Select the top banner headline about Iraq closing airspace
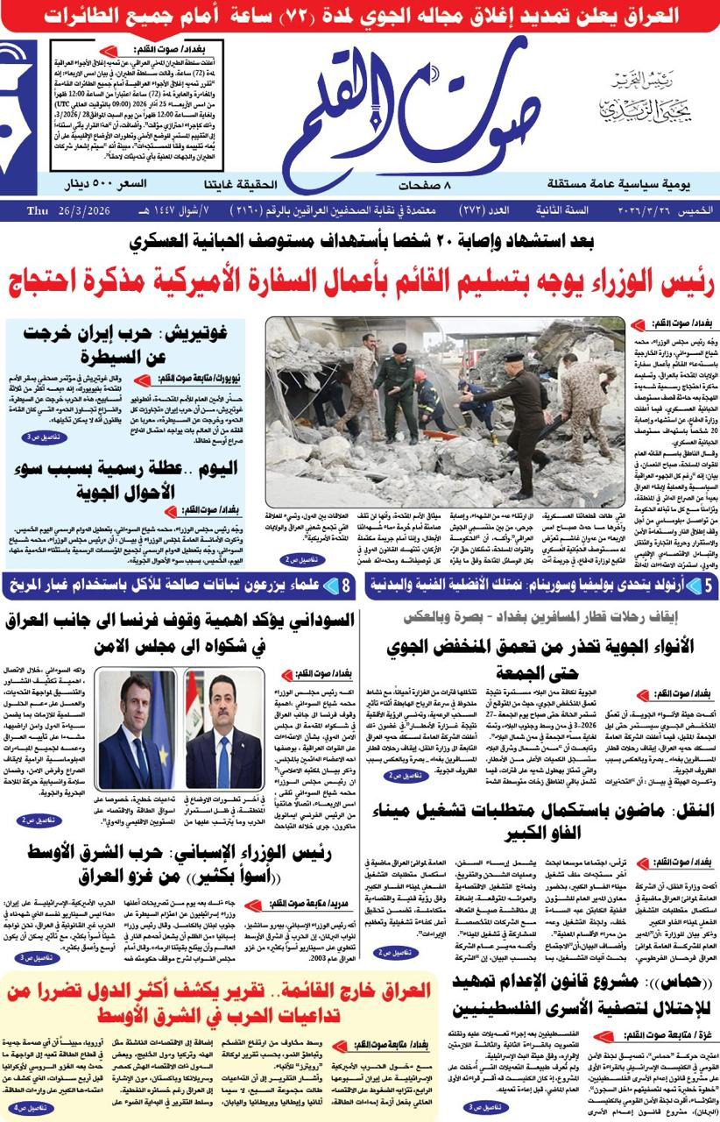[360, 14]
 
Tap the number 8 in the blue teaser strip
[347, 585]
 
